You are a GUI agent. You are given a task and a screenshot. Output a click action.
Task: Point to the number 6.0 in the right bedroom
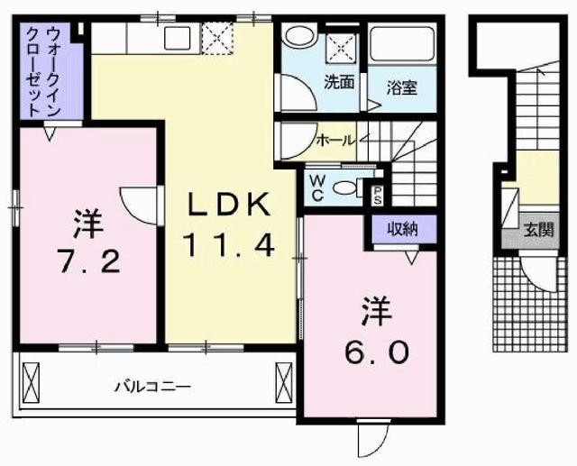(x=377, y=350)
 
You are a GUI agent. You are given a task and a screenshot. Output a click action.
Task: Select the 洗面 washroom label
(x=339, y=82)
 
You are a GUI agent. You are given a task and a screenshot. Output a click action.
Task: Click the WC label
(x=316, y=187)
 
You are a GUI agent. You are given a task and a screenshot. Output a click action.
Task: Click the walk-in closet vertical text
(x=44, y=70)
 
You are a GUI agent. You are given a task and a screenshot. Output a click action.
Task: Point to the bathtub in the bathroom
(x=402, y=45)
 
